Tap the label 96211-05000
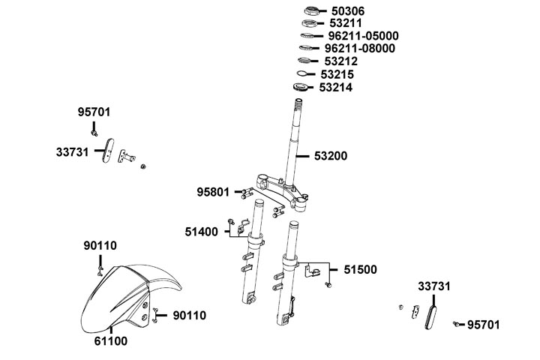coord(363,36)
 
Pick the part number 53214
coord(335,88)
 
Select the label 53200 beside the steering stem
coord(331,156)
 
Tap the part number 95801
coord(214,192)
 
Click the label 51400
coord(201,232)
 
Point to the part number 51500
coord(361,269)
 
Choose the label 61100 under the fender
coord(109,340)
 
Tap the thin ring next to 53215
coord(301,74)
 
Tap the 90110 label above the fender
coord(100,245)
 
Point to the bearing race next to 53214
coord(301,88)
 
